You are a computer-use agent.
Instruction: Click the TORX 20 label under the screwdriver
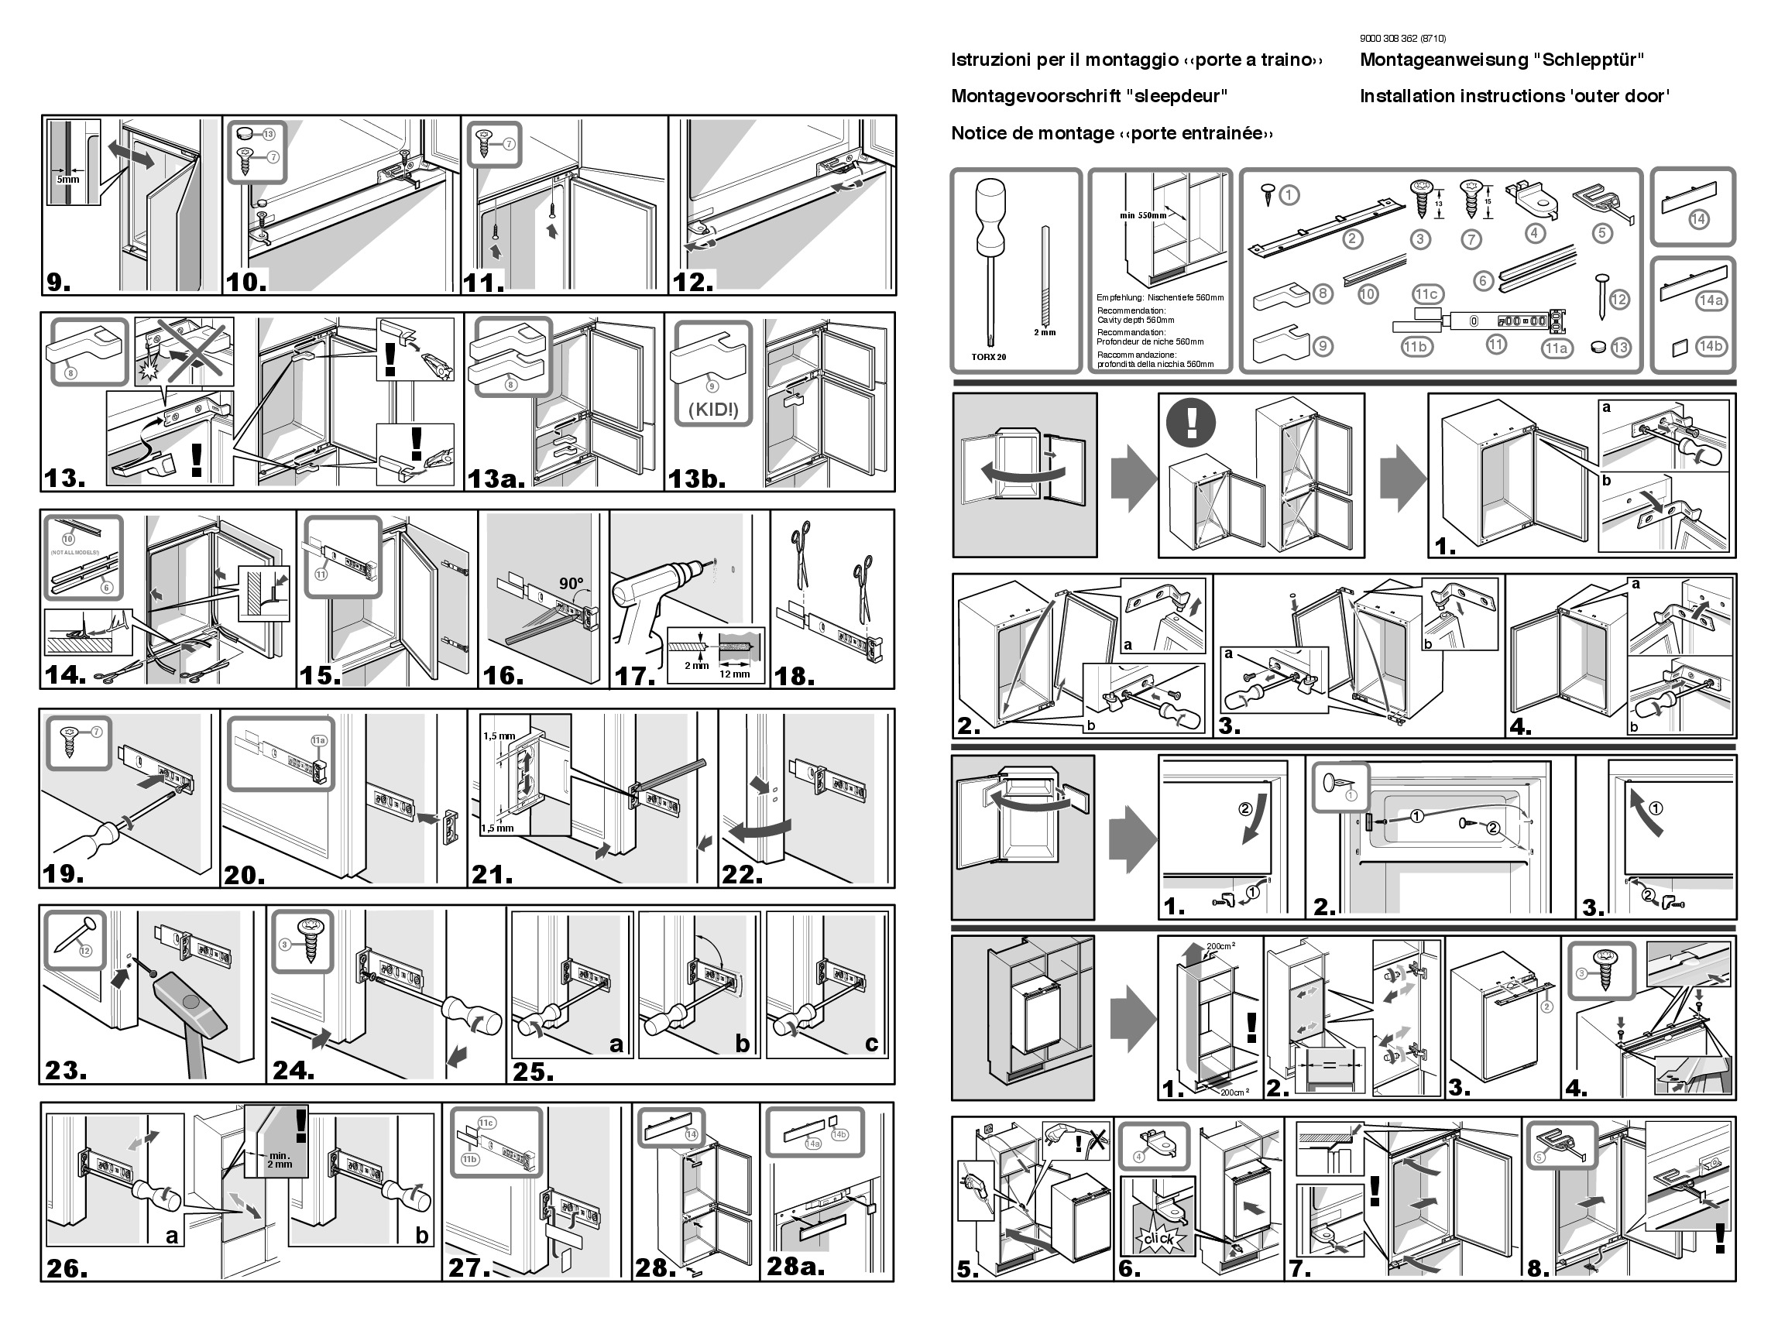989,356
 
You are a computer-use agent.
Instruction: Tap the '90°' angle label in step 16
571,584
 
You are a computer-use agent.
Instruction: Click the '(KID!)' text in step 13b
712,410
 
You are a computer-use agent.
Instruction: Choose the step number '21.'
492,875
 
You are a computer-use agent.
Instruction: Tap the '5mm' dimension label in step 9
68,180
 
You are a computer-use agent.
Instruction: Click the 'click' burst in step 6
1158,1239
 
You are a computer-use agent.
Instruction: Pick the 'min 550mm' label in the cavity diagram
1142,215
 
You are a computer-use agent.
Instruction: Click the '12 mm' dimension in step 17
734,674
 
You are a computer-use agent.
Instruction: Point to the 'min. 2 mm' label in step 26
280,1159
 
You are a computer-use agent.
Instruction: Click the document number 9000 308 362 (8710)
1402,38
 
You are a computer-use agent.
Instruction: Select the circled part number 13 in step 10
269,134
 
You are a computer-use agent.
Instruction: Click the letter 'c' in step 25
871,1044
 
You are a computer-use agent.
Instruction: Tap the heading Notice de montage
1111,133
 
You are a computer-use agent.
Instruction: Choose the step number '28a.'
795,1266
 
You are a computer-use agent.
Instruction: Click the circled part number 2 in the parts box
1352,238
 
